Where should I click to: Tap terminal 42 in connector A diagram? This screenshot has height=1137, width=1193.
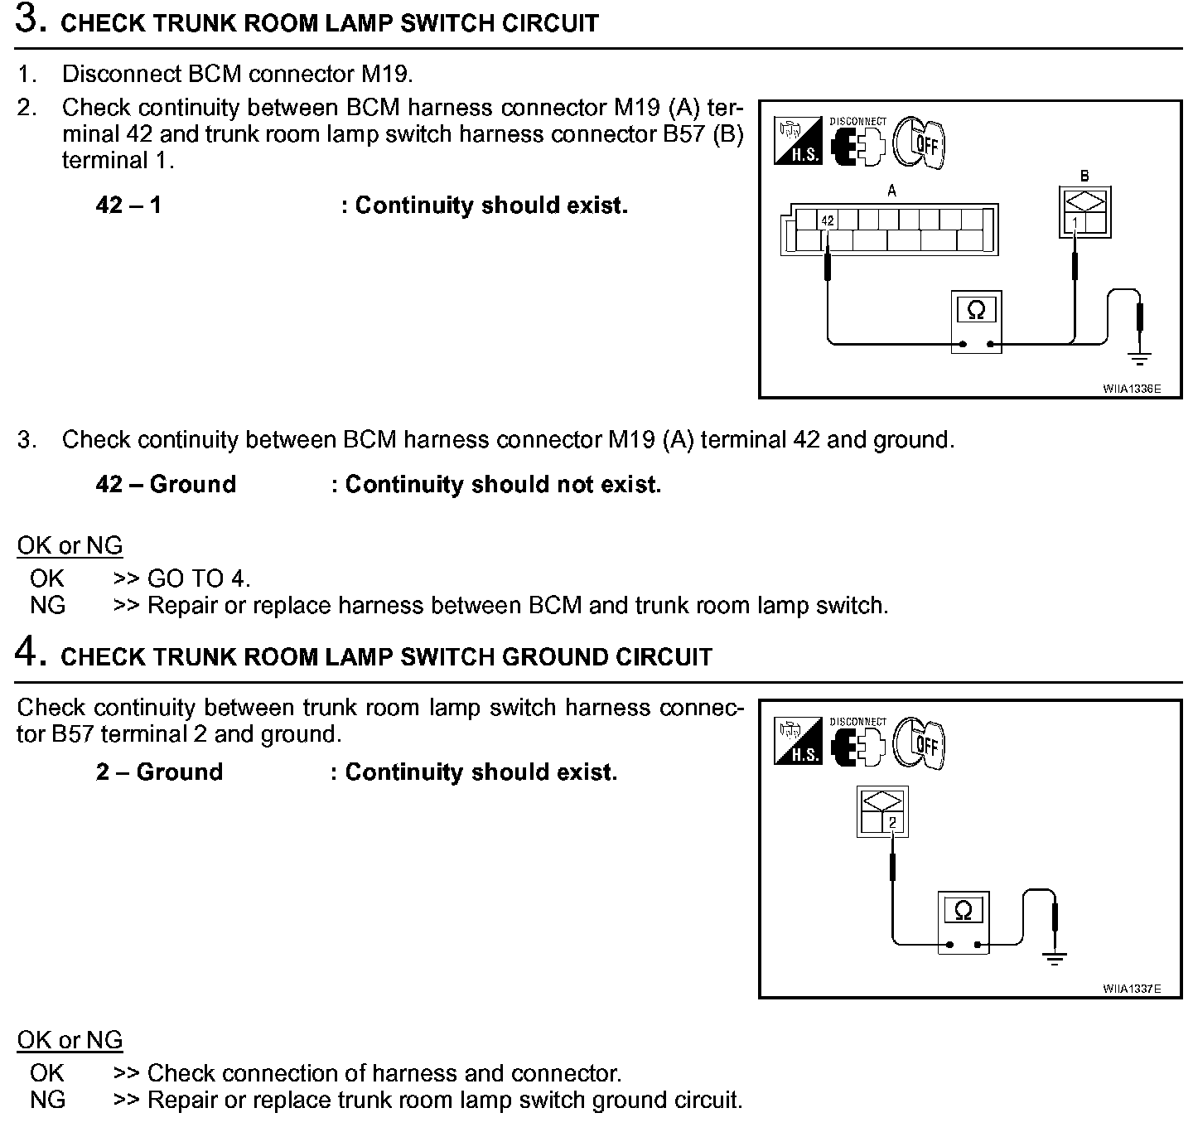[828, 220]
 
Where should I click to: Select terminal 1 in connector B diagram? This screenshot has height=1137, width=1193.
[1075, 223]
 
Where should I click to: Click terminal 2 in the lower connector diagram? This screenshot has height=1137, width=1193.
[892, 822]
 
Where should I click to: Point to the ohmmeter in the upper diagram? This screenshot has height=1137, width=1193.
[976, 322]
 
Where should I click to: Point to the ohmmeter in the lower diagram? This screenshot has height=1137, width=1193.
[964, 922]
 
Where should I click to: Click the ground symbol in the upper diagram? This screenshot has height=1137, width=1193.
[1140, 359]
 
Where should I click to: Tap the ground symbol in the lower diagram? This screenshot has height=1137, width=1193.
[1054, 960]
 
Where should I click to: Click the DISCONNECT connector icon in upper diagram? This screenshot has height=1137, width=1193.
[858, 143]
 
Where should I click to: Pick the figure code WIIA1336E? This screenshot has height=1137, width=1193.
[1131, 388]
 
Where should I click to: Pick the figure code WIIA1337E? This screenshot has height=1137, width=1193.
[1131, 989]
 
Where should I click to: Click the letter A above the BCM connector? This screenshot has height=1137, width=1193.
[892, 191]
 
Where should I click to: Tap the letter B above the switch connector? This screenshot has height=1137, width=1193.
[1084, 176]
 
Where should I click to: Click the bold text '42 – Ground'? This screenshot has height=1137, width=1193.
[166, 484]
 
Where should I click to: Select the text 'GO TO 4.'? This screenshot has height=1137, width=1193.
[198, 578]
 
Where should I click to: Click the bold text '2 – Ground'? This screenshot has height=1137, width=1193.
[159, 772]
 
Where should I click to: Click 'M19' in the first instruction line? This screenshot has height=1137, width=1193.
[385, 74]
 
